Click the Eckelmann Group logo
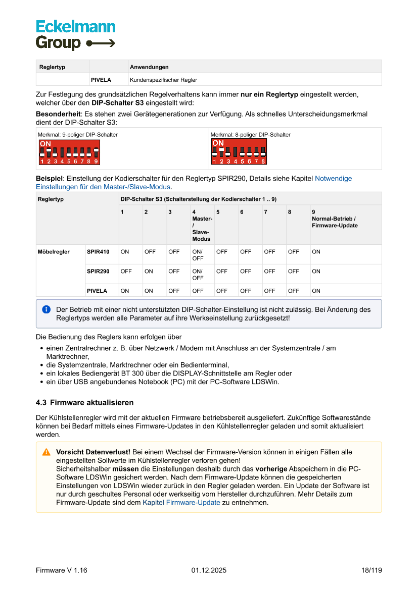pos(75,35)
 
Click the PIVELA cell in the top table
pos(101,80)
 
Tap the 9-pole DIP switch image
pos(69,152)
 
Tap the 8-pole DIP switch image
pos(239,151)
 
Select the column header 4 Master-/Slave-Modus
pos(202,225)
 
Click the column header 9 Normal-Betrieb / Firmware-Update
pos(334,219)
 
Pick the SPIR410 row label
pos(98,252)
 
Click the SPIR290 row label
pos(98,272)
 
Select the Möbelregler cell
pos(54,252)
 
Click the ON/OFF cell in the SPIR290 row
pos(198,275)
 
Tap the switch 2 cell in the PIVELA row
pos(149,291)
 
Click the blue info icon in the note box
pos(47,309)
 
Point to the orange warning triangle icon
pos(47,452)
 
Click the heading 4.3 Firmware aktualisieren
pos(84,402)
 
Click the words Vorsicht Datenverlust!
pos(93,452)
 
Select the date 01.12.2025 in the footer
pos(209,570)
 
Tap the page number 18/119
pos(371,570)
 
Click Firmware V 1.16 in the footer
pos(62,570)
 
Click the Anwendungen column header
pos(149,67)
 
